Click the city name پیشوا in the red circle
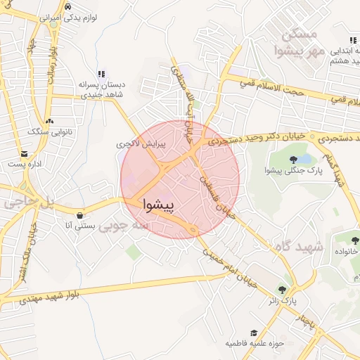click(x=162, y=204)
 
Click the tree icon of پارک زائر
click(x=283, y=289)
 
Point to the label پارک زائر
click(x=282, y=300)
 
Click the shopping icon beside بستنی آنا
click(x=79, y=214)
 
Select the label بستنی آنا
click(x=79, y=226)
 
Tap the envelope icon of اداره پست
click(x=25, y=153)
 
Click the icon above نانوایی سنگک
click(x=48, y=120)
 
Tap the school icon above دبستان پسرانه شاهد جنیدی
click(x=101, y=73)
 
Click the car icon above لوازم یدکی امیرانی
click(x=67, y=6)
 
